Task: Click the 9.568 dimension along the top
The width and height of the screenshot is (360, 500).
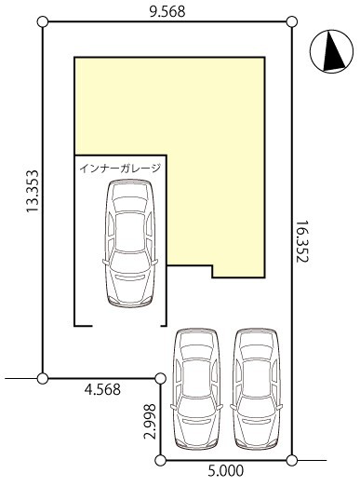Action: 167,12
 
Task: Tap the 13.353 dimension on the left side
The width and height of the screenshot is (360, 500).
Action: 33,191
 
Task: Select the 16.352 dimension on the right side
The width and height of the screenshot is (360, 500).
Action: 302,241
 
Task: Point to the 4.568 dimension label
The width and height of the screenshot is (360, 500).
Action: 102,389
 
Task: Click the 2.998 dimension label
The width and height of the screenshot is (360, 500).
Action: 150,421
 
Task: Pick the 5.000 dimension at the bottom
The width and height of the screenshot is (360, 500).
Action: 226,470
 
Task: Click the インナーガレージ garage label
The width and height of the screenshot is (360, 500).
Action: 120,168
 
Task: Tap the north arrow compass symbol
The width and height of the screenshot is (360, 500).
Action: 332,51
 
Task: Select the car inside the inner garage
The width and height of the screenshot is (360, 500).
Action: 130,243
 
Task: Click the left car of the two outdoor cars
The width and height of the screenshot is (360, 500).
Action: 196,389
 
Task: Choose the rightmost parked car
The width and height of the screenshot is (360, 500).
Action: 257,389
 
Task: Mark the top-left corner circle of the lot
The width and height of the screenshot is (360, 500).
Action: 43,22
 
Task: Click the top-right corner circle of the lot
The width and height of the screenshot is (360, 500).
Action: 292,22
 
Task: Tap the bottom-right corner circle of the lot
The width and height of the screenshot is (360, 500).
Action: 292,461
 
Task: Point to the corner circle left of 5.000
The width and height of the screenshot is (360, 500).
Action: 161,461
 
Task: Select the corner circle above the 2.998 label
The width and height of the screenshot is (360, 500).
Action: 161,379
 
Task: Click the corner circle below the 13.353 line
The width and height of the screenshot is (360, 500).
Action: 43,379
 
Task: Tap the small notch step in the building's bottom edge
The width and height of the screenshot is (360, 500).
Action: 212,271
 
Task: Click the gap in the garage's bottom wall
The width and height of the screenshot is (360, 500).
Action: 127,326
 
